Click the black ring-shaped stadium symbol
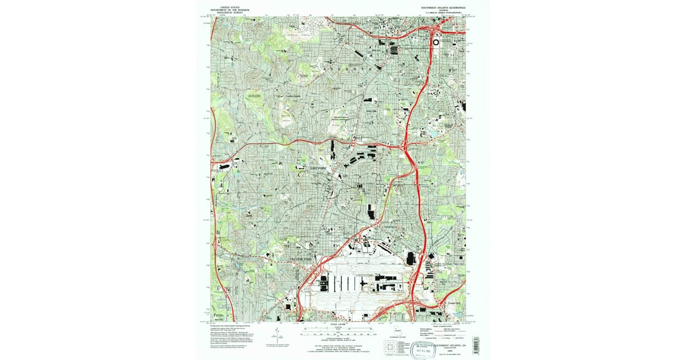436,42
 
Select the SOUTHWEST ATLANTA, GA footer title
450,346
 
